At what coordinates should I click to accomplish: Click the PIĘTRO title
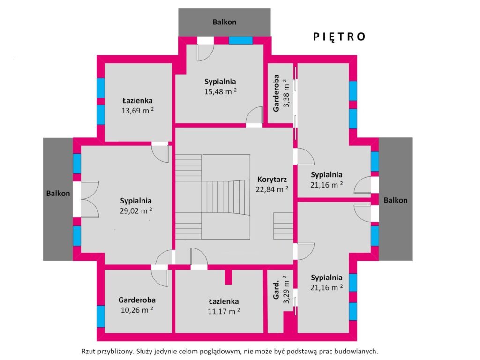(x=339, y=37)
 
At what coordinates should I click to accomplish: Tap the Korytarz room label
(x=272, y=180)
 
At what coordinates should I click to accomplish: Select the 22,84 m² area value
(x=272, y=189)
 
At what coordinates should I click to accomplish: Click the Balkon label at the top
(x=225, y=22)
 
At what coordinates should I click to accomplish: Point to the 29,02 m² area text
(x=136, y=210)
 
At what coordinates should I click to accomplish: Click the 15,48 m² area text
(x=220, y=91)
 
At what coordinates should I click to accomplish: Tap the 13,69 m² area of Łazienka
(x=137, y=110)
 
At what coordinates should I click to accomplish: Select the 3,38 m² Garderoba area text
(x=286, y=93)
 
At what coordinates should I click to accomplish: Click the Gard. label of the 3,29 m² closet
(x=277, y=290)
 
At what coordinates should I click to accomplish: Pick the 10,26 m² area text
(x=137, y=310)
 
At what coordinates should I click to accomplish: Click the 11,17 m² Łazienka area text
(x=224, y=311)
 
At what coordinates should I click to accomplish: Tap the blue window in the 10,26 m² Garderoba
(x=101, y=316)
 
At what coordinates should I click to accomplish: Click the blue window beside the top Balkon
(x=240, y=40)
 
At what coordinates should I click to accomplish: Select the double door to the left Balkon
(x=86, y=199)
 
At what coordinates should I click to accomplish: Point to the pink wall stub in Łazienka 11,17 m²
(x=228, y=277)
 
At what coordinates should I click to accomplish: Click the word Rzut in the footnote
(x=89, y=351)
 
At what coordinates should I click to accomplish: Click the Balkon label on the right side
(x=396, y=200)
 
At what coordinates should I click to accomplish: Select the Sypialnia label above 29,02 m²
(x=136, y=201)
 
